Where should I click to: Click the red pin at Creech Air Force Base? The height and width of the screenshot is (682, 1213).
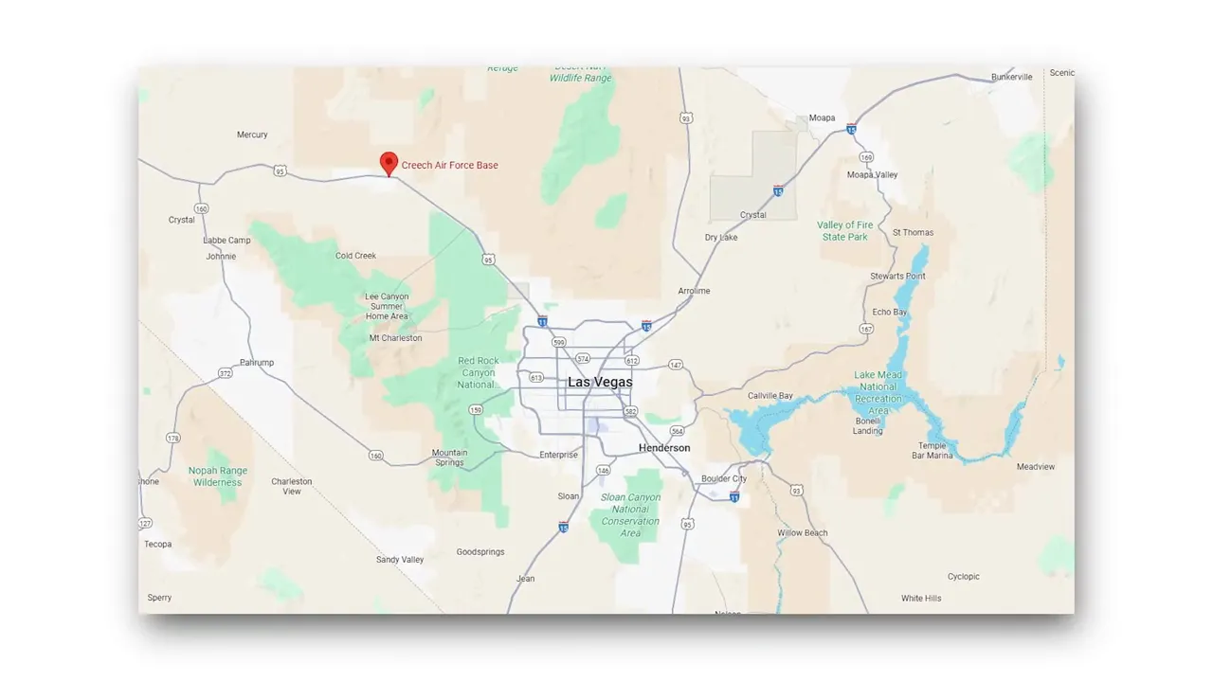tap(388, 163)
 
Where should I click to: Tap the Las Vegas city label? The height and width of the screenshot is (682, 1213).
tap(600, 382)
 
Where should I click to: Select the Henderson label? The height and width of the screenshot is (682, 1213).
tap(664, 447)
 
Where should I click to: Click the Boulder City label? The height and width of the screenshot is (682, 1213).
tap(724, 478)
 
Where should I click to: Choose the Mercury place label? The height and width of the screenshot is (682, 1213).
tap(252, 135)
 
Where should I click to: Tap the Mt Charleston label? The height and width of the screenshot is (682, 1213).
tap(395, 337)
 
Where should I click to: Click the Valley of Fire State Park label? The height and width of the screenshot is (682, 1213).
tap(844, 230)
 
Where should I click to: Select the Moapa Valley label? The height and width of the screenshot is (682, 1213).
tap(872, 174)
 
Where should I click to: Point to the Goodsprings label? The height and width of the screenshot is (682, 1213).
tap(480, 551)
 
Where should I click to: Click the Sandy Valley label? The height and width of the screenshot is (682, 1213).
tap(400, 559)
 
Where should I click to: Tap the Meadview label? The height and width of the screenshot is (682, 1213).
tap(1036, 466)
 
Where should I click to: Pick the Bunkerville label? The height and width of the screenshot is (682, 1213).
tap(1012, 77)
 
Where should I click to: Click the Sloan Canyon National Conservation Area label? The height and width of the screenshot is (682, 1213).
tap(630, 514)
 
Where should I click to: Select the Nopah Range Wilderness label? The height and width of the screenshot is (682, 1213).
tap(218, 476)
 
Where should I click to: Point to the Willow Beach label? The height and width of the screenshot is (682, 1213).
tap(803, 532)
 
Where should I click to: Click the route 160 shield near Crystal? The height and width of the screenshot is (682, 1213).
tap(201, 208)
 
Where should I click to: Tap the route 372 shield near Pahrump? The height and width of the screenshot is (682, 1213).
tap(225, 373)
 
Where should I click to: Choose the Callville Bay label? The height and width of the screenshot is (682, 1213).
tap(770, 395)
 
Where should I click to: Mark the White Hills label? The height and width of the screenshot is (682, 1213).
tap(921, 598)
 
